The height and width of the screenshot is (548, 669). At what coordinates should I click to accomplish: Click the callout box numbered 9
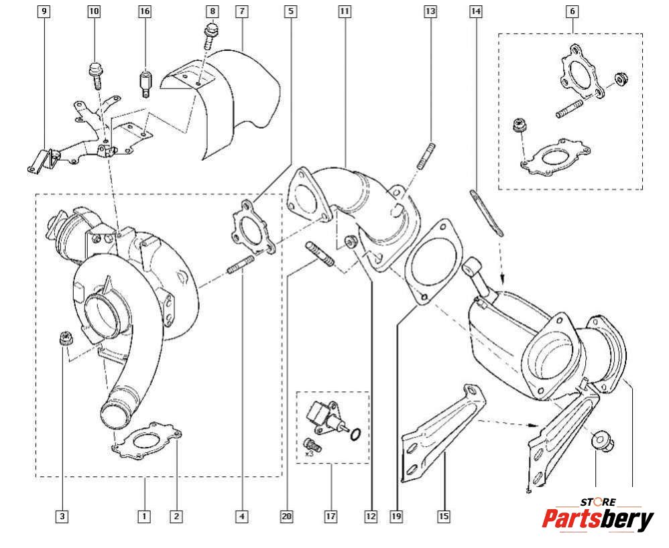click(44, 11)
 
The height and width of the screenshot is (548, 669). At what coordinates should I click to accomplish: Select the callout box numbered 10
click(94, 11)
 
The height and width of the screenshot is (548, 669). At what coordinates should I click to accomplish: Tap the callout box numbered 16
click(145, 11)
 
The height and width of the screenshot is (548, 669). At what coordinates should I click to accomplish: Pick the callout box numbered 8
click(212, 11)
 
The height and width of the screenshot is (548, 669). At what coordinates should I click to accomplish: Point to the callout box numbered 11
click(345, 11)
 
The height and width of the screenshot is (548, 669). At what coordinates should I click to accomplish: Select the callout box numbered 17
click(330, 517)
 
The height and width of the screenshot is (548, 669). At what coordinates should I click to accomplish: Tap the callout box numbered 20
click(287, 517)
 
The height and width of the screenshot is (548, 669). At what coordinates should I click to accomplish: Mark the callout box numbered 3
click(62, 517)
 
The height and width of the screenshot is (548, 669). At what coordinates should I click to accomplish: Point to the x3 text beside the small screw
click(309, 454)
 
